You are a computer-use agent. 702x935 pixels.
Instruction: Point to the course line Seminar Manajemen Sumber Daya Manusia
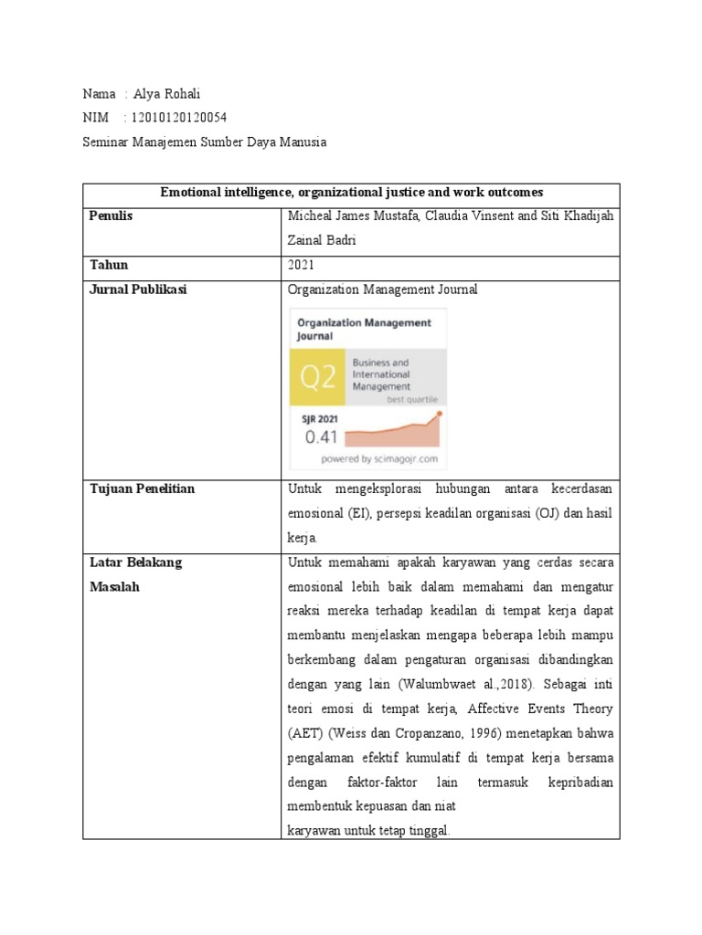click(204, 142)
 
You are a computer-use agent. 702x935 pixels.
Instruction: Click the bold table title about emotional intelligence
click(351, 193)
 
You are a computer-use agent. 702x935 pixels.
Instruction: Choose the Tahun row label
click(109, 265)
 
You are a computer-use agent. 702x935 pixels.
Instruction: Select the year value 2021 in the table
click(302, 266)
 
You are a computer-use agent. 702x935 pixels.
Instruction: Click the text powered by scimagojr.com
click(378, 458)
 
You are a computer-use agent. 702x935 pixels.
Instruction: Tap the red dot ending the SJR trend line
click(440, 414)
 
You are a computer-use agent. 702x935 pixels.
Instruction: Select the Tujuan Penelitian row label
click(142, 489)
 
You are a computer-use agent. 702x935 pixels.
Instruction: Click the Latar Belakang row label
click(135, 562)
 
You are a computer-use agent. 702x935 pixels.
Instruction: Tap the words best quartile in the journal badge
click(411, 399)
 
